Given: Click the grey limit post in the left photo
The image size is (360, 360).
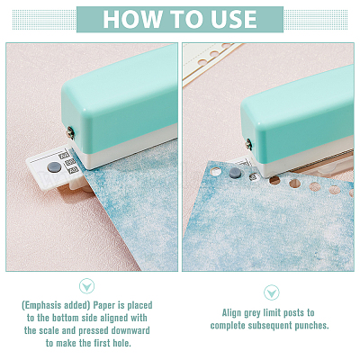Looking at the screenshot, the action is (54, 167).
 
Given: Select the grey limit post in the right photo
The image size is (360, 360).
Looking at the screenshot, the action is (235, 173).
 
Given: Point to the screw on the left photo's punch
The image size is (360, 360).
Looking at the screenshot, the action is (71, 133).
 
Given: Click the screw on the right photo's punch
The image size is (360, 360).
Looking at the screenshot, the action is (248, 144).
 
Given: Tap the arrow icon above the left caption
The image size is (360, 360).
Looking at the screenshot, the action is (87, 286).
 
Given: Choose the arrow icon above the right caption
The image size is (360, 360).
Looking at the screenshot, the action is (272, 292).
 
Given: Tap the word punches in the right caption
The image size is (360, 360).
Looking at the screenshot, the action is (312, 326).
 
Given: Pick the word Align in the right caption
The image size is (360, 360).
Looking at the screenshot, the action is (231, 313).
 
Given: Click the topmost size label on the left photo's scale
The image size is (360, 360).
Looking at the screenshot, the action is (64, 156).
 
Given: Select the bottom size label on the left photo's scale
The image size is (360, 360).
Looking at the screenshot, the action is (73, 171).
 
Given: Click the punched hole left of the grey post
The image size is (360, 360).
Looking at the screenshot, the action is (215, 172).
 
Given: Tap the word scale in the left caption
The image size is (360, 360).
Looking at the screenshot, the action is (49, 330).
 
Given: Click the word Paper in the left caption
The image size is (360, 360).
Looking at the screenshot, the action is (104, 306).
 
